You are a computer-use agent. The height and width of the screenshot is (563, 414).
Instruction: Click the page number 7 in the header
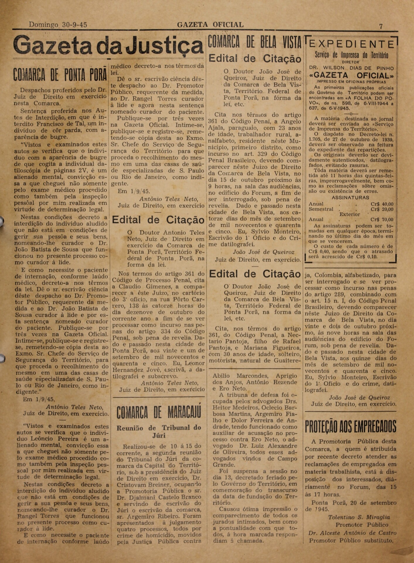pos(381,26)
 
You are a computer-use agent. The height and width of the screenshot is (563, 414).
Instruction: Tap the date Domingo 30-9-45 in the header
pos(58,25)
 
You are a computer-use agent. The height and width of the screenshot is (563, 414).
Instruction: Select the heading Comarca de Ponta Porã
pos(60,75)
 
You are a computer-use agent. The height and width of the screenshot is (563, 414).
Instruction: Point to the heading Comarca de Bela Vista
pos(254,42)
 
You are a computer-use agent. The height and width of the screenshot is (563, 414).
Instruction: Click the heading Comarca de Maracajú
pos(159,413)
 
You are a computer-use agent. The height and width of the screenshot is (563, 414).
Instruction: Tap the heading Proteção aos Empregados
pos(350,426)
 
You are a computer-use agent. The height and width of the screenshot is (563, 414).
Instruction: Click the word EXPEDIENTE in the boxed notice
pos(351,44)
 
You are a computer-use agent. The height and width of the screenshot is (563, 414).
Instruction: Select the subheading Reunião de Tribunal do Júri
pos(159,431)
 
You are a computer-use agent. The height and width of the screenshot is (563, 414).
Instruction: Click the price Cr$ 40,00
pos(382,204)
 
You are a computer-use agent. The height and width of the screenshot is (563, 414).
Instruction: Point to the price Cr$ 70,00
pos(382,219)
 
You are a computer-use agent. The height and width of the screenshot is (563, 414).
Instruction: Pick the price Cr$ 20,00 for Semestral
pos(382,209)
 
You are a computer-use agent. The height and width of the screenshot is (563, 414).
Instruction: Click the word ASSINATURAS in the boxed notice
pos(350,198)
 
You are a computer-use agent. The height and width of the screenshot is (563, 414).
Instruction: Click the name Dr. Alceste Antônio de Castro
pos(352,533)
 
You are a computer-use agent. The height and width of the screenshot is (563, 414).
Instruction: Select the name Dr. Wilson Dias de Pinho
pos(352,68)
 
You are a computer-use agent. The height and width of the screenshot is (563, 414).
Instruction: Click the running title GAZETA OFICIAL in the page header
pos(210,25)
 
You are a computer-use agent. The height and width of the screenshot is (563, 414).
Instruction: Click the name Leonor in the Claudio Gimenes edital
pos(195,364)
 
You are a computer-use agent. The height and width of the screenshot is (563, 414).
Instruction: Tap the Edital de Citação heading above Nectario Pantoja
pos(255,274)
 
